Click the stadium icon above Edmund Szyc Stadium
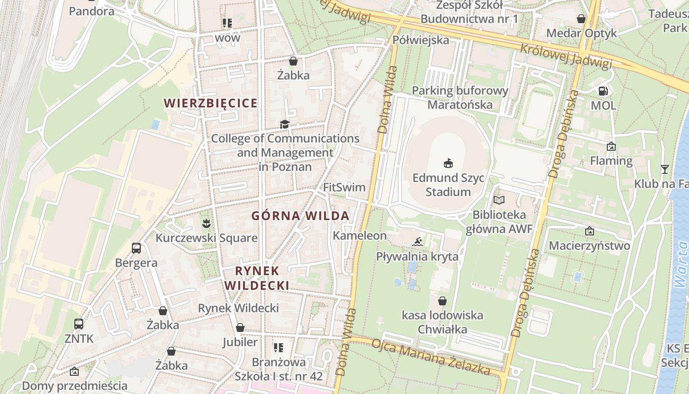[x=448, y=163]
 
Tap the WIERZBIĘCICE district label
[x=211, y=103]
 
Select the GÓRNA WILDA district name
[x=300, y=216]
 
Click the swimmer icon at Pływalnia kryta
[x=417, y=242]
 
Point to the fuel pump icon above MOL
[x=603, y=91]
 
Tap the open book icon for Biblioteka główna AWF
[x=499, y=200]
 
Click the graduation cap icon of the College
[x=284, y=124]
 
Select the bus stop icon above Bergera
[x=136, y=248]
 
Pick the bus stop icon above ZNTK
[x=79, y=324]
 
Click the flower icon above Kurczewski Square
[x=206, y=224]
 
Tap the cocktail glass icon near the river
[x=664, y=169]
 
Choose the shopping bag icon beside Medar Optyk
[x=581, y=19]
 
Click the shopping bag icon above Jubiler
[x=240, y=328]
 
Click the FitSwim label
[x=344, y=188]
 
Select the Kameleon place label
[x=360, y=235]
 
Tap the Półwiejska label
[x=421, y=40]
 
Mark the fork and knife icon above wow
[x=227, y=23]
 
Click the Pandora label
[x=92, y=11]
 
